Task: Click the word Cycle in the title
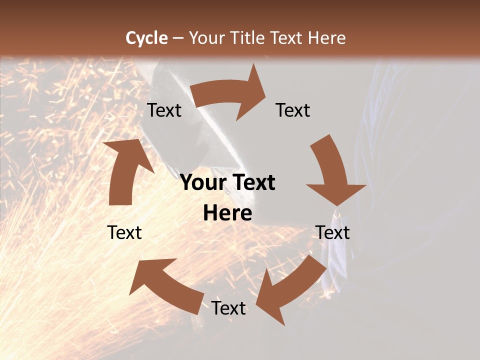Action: pyautogui.click(x=146, y=38)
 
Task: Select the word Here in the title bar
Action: pyautogui.click(x=326, y=38)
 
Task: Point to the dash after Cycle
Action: pyautogui.click(x=178, y=38)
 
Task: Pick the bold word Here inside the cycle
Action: pyautogui.click(x=227, y=213)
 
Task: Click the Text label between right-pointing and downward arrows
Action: pyautogui.click(x=293, y=110)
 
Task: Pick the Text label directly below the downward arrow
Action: pyautogui.click(x=332, y=232)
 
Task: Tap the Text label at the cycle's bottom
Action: pyautogui.click(x=228, y=308)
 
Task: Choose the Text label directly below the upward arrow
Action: pyautogui.click(x=124, y=232)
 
